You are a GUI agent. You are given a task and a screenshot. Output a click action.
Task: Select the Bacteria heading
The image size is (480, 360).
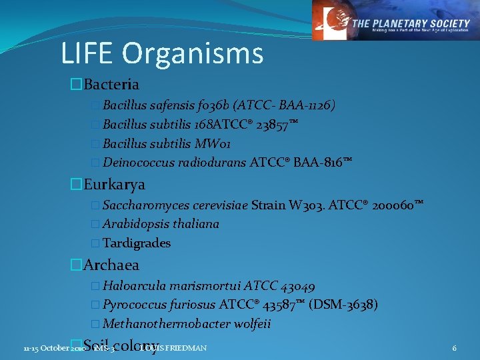[111, 85]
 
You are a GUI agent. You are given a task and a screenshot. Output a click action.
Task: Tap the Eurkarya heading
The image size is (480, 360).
[114, 185]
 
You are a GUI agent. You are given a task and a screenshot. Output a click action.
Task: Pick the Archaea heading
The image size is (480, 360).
[111, 265]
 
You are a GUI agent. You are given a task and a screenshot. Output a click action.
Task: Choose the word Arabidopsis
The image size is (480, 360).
[133, 224]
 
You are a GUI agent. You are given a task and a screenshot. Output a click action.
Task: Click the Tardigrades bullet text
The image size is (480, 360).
[137, 243]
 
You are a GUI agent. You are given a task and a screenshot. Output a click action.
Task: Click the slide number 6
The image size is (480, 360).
[454, 348]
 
